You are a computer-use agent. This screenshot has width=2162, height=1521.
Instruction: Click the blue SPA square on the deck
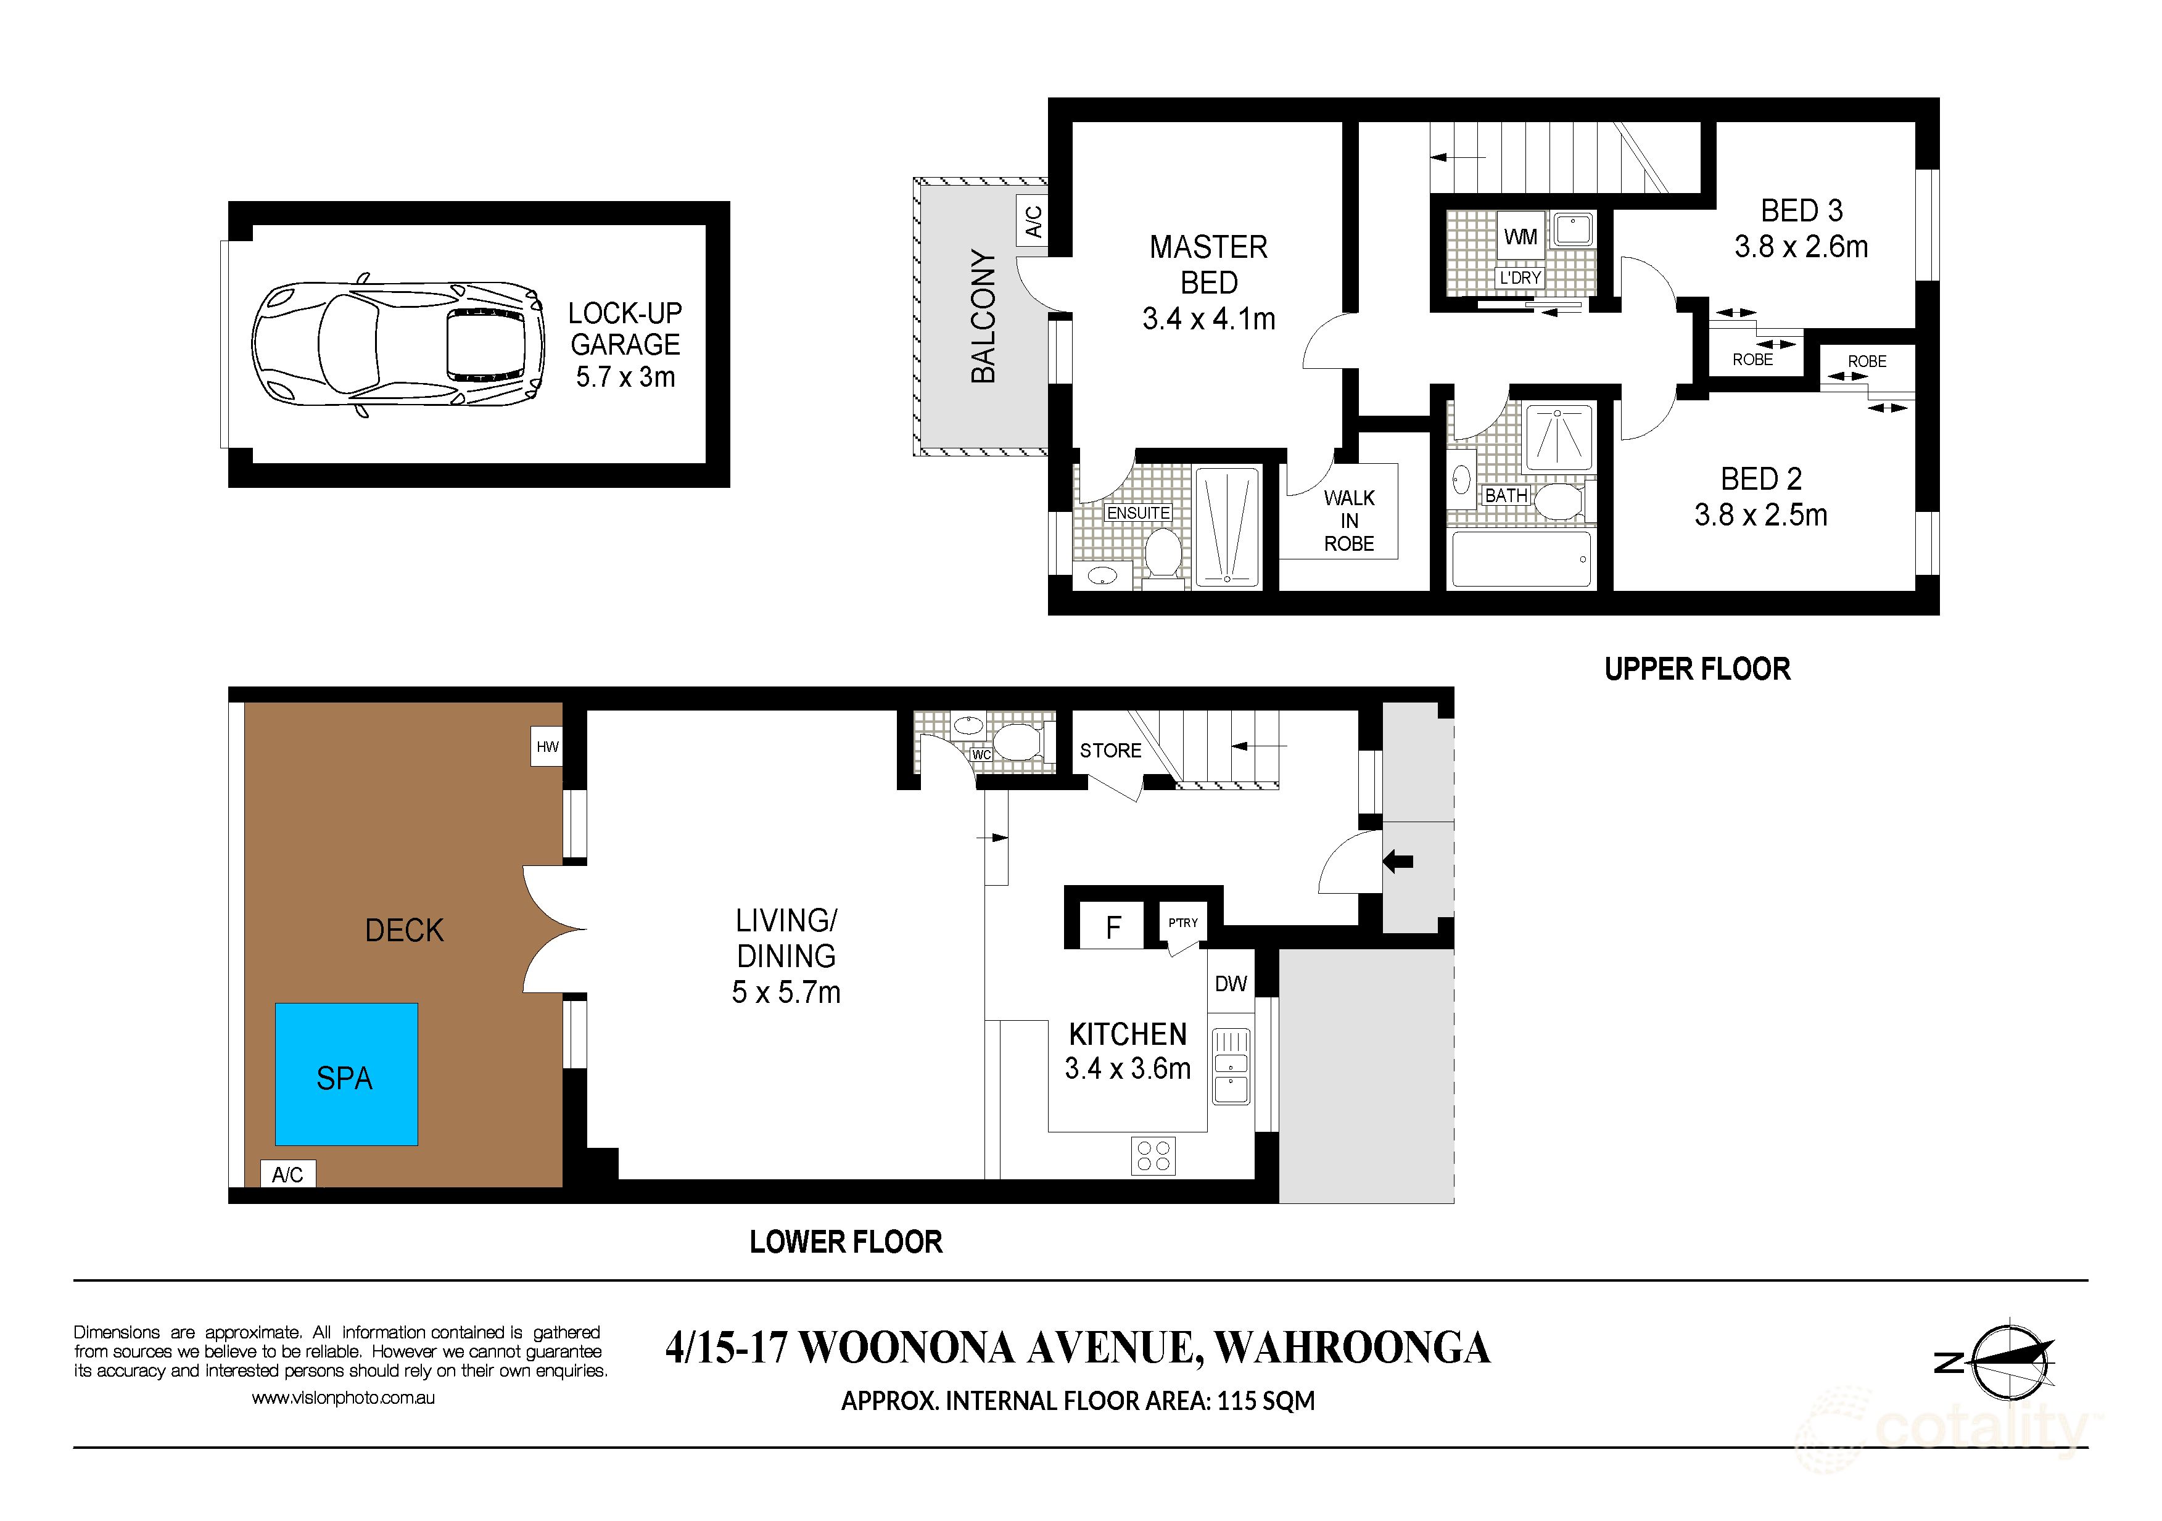[x=345, y=1074]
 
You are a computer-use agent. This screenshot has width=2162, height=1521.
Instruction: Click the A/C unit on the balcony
[x=1033, y=221]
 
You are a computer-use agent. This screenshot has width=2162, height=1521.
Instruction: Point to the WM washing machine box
[x=1520, y=236]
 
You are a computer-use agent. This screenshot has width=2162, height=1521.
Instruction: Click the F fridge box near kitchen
[x=1113, y=928]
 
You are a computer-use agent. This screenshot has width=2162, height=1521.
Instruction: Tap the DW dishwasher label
[x=1231, y=983]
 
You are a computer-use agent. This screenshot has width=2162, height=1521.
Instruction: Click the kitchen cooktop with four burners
[x=1153, y=1156]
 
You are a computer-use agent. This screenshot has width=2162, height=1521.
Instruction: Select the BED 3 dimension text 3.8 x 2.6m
[x=1801, y=247]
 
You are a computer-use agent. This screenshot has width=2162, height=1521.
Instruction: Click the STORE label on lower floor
[x=1110, y=751]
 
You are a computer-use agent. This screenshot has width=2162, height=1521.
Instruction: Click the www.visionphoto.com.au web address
[x=343, y=1398]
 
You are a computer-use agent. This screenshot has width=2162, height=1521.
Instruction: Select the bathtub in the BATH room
[x=1520, y=559]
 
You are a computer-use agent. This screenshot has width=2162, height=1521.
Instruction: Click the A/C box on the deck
[x=287, y=1174]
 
